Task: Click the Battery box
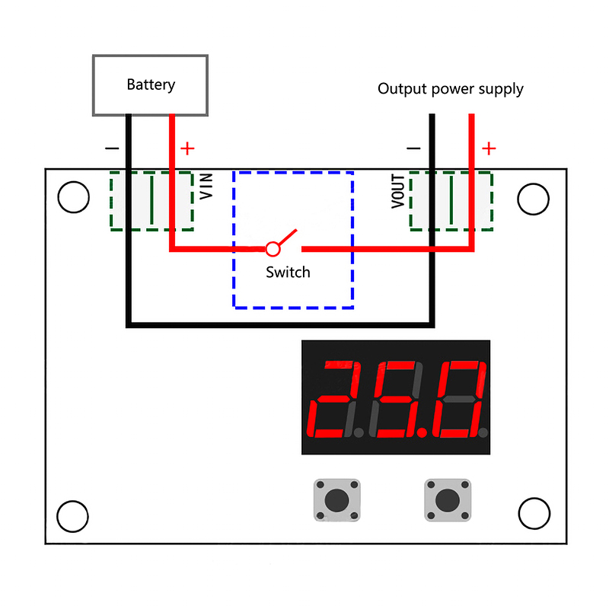pos(150,84)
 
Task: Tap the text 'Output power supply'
pos(451,89)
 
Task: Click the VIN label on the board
pos(206,187)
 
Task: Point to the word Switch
pos(288,272)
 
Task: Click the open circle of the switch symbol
pos(273,248)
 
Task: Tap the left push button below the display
pos(336,499)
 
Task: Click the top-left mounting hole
pos(74,198)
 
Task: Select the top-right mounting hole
pos(533,199)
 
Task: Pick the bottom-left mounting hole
pos(74,516)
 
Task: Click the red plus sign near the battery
pos(187,148)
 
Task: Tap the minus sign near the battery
pos(112,148)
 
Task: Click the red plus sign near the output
pos(489,148)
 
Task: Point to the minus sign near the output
pos(414,148)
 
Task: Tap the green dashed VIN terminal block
pos(151,201)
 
